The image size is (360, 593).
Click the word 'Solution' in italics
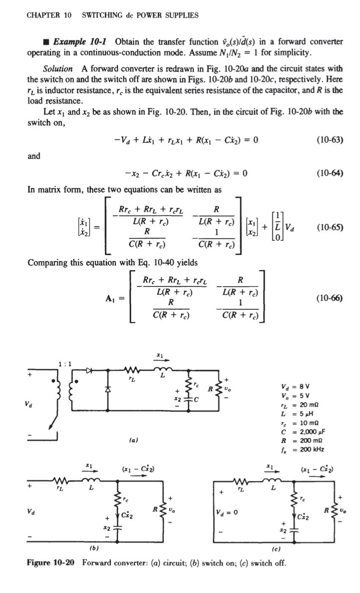[x=58, y=69]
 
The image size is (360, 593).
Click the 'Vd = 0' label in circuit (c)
[x=228, y=512]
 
